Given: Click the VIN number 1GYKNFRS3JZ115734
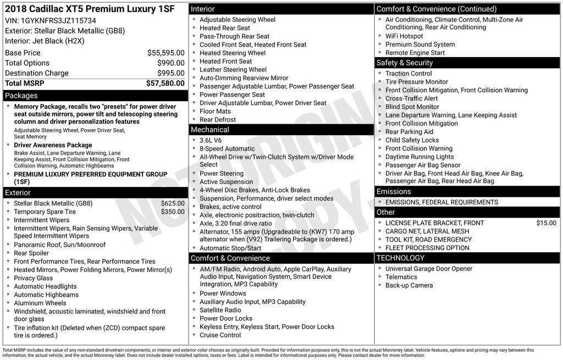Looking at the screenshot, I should (x=54, y=20).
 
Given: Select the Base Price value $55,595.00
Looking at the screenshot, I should (x=165, y=53).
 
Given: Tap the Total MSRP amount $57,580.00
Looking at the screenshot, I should (x=165, y=83).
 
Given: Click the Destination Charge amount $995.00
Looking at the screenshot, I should (x=170, y=73).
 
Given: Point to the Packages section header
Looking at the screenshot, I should (x=21, y=96).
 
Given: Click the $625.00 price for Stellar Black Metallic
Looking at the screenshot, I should (x=173, y=203).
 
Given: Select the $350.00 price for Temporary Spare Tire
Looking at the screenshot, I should (x=173, y=212).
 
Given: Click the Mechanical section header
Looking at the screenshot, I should (x=209, y=130).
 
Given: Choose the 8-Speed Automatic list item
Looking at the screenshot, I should (x=227, y=148).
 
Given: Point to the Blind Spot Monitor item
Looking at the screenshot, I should (x=412, y=107).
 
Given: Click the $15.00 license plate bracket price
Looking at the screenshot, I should (x=546, y=223).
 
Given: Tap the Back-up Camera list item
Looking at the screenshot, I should (x=409, y=285).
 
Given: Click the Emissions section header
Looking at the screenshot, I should (x=393, y=191).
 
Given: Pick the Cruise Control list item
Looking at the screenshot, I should (x=220, y=335).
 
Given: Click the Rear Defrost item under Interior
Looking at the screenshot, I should (x=218, y=119).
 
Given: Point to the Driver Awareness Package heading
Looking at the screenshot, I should (x=53, y=145).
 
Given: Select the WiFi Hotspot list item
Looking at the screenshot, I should (x=404, y=36).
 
